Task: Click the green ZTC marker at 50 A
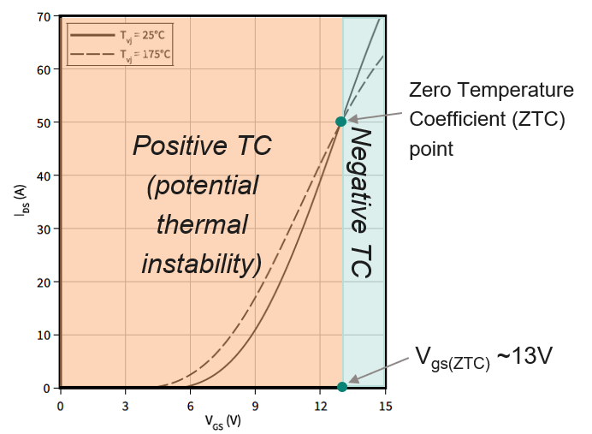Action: [341, 122]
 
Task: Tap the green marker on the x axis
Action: [342, 387]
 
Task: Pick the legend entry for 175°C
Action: [121, 56]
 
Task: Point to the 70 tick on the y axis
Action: [44, 16]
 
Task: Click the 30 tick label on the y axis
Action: [44, 229]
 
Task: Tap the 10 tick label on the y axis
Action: [44, 335]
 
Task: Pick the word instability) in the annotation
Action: [202, 265]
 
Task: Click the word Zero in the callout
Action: [429, 91]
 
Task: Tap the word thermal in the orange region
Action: [202, 225]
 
